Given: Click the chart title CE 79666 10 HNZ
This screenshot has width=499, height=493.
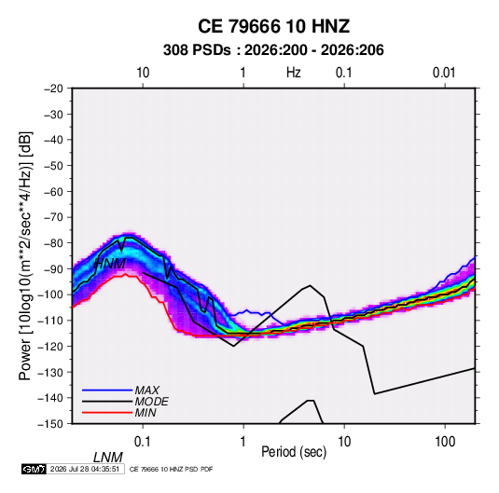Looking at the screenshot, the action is pyautogui.click(x=273, y=26).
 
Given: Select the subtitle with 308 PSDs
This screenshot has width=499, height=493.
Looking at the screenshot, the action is pyautogui.click(x=273, y=50).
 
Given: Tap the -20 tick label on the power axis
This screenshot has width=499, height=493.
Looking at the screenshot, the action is pyautogui.click(x=53, y=89).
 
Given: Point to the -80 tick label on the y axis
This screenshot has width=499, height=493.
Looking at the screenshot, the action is pyautogui.click(x=53, y=243).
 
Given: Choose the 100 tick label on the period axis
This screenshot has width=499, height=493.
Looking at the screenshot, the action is pyautogui.click(x=445, y=442).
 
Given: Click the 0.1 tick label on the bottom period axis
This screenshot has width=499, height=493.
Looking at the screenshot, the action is pyautogui.click(x=143, y=442).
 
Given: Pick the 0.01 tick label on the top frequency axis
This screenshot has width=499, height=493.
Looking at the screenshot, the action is pyautogui.click(x=444, y=73).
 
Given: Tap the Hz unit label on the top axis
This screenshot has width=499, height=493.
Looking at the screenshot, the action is pyautogui.click(x=294, y=73).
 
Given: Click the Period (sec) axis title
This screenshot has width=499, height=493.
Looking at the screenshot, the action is pyautogui.click(x=294, y=452).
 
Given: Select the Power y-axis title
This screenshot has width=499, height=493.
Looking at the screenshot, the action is pyautogui.click(x=25, y=256).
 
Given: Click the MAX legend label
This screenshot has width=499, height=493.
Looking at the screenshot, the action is pyautogui.click(x=147, y=390).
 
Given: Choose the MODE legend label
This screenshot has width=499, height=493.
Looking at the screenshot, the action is pyautogui.click(x=151, y=402).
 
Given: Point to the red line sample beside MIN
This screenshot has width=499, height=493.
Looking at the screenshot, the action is pyautogui.click(x=107, y=413).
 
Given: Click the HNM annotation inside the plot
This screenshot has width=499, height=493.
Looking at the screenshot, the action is pyautogui.click(x=110, y=264).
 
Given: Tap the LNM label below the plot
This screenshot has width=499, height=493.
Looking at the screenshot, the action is pyautogui.click(x=108, y=458).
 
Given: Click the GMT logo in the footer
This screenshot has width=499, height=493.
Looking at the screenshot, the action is pyautogui.click(x=34, y=469).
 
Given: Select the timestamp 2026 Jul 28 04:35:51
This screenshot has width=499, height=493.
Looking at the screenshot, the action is pyautogui.click(x=85, y=469).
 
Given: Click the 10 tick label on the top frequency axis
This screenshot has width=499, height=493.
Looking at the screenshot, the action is pyautogui.click(x=143, y=73).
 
